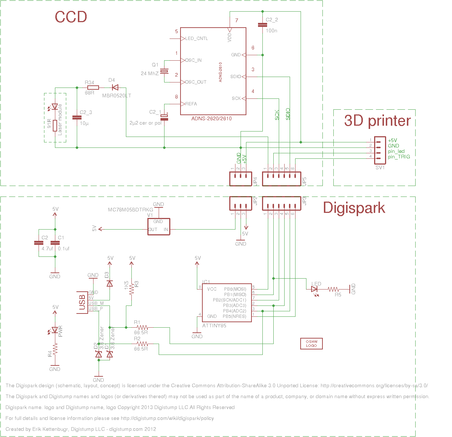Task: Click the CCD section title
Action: [71, 17]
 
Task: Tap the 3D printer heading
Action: [377, 121]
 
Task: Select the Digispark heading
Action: [354, 208]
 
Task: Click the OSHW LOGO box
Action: [311, 344]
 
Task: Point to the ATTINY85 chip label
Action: [214, 325]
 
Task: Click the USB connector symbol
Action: [82, 302]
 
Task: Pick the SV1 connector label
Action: [380, 168]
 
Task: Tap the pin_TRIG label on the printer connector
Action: [399, 157]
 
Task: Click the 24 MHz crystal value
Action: [150, 73]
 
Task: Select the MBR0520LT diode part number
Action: [116, 96]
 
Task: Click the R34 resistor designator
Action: [89, 83]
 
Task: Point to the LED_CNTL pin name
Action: [197, 39]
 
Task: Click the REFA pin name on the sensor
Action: [191, 104]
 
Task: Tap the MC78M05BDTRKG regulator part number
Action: [131, 210]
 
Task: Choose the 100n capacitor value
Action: [271, 31]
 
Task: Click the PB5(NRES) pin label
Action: [234, 316]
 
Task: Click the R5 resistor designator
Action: [338, 295]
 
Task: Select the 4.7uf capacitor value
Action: [47, 249]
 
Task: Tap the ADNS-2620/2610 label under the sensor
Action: [211, 118]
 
